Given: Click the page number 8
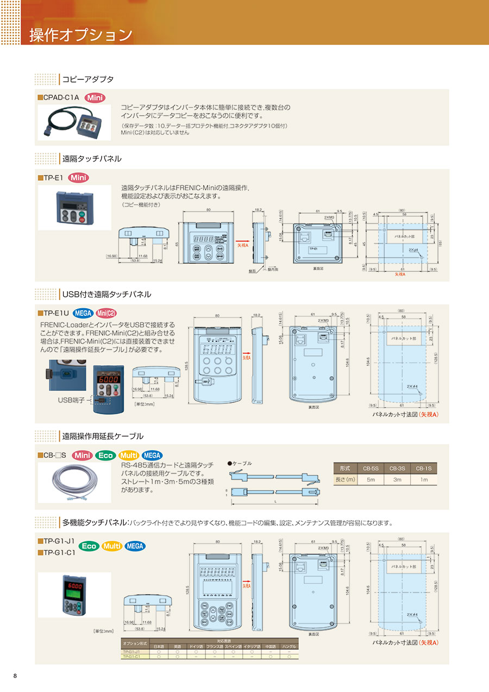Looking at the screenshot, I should point(15,676).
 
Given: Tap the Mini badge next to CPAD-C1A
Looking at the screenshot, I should point(95,98).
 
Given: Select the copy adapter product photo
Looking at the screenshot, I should point(74,123).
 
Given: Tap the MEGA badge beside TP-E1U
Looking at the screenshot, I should point(83,313).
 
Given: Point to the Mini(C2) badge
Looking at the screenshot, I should point(106,313).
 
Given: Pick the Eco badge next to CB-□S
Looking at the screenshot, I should point(105,456).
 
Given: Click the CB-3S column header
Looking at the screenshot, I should point(397,469).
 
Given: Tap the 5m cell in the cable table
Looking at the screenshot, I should point(371,479).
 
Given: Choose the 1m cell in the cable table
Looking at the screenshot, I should point(423,479).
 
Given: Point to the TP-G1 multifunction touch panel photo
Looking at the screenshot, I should point(74,595).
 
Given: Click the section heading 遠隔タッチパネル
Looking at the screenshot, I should point(92,159).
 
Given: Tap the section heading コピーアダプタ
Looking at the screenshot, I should point(87,79).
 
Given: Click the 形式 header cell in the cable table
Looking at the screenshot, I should point(345,469).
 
